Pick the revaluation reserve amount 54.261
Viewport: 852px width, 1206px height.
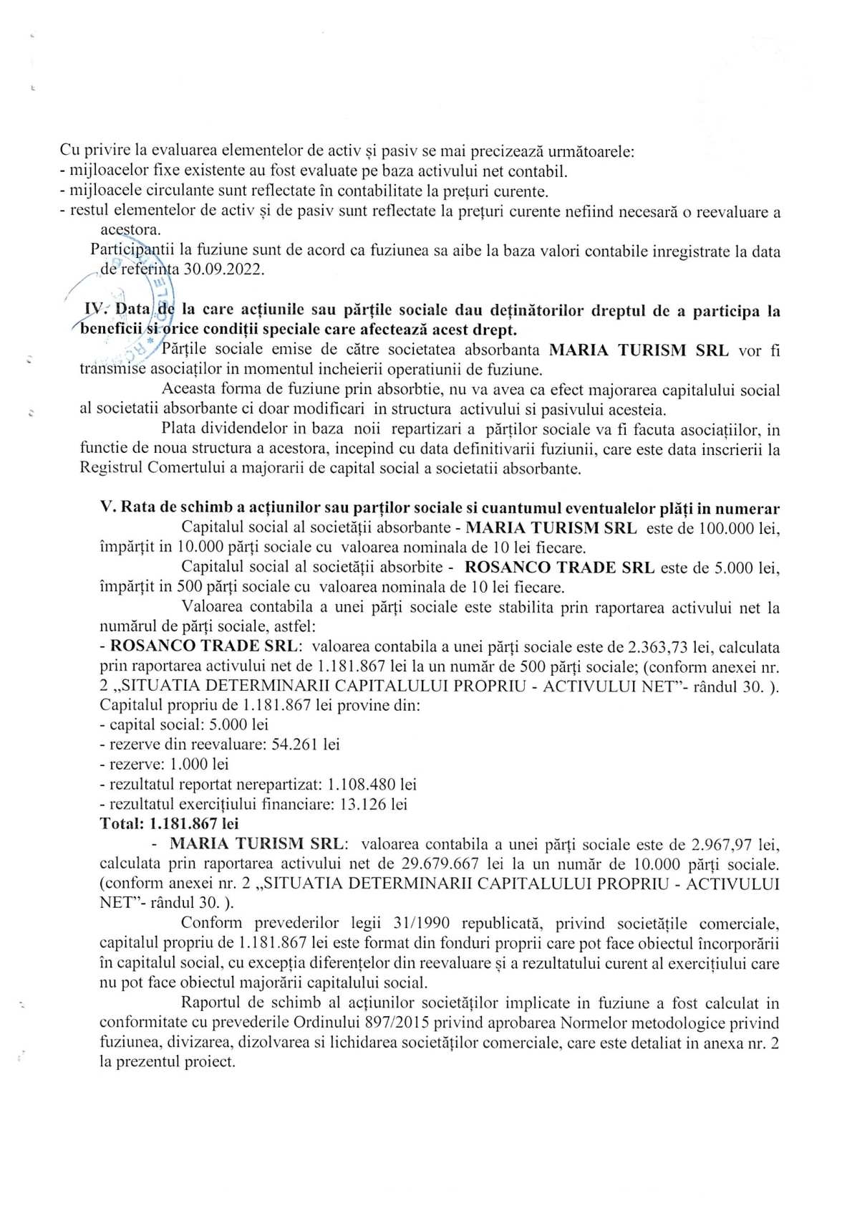pos(296,745)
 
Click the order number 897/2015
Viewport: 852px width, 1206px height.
pos(394,1023)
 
